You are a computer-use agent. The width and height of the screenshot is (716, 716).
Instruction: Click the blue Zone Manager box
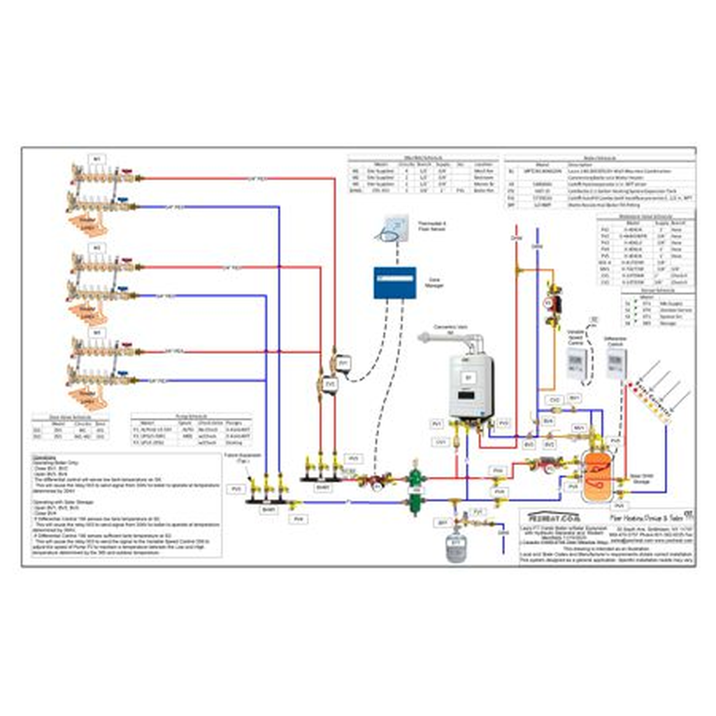coord(394,282)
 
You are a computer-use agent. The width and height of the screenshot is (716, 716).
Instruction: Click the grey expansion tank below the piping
coord(455,546)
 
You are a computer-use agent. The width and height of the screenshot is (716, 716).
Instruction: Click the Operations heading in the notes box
coord(45,456)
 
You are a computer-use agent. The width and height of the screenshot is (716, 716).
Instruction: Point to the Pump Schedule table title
coord(190,415)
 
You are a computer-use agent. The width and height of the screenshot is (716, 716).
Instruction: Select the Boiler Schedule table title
coord(599,159)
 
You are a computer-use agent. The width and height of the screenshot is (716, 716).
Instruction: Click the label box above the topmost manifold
coord(97,159)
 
